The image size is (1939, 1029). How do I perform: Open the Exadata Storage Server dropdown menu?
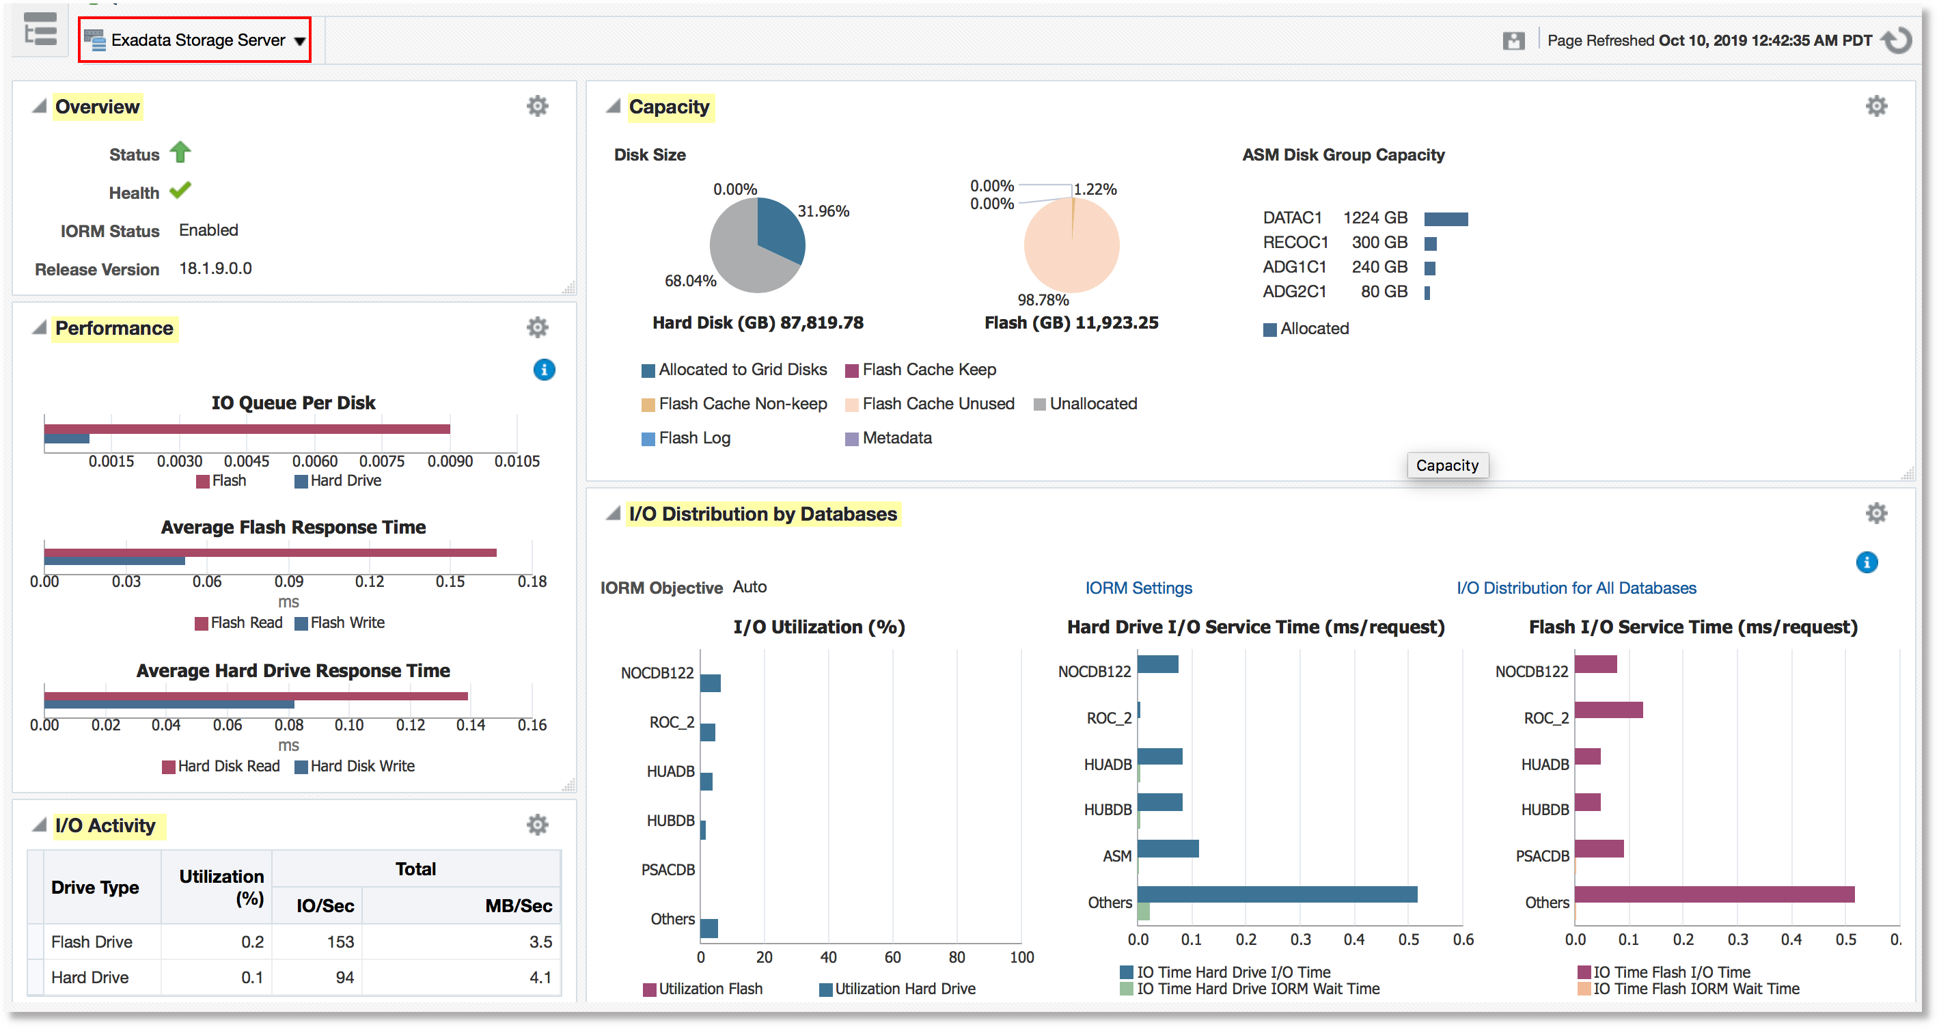point(299,40)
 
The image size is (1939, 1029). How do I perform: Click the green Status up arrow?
point(180,152)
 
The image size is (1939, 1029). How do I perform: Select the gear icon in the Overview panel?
point(537,106)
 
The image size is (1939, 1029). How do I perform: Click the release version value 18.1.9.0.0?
point(215,269)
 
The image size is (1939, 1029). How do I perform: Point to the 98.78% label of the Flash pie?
point(1043,299)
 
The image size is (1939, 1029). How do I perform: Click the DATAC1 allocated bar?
point(1445,219)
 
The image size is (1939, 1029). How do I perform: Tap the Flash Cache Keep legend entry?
point(929,370)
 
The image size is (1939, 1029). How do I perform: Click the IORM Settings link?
point(1138,588)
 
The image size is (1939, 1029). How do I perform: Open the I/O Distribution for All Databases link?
point(1576,588)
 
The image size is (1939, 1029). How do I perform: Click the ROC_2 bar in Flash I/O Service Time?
point(1608,710)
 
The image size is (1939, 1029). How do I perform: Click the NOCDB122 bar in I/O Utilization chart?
point(710,683)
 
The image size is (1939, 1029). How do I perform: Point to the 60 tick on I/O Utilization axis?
point(892,957)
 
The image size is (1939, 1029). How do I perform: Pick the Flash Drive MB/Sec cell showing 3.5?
point(540,942)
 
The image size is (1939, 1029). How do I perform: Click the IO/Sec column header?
point(325,905)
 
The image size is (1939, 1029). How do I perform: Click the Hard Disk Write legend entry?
point(362,767)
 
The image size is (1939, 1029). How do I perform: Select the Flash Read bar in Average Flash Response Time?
point(271,553)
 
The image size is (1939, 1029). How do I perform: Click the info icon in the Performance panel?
point(543,370)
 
